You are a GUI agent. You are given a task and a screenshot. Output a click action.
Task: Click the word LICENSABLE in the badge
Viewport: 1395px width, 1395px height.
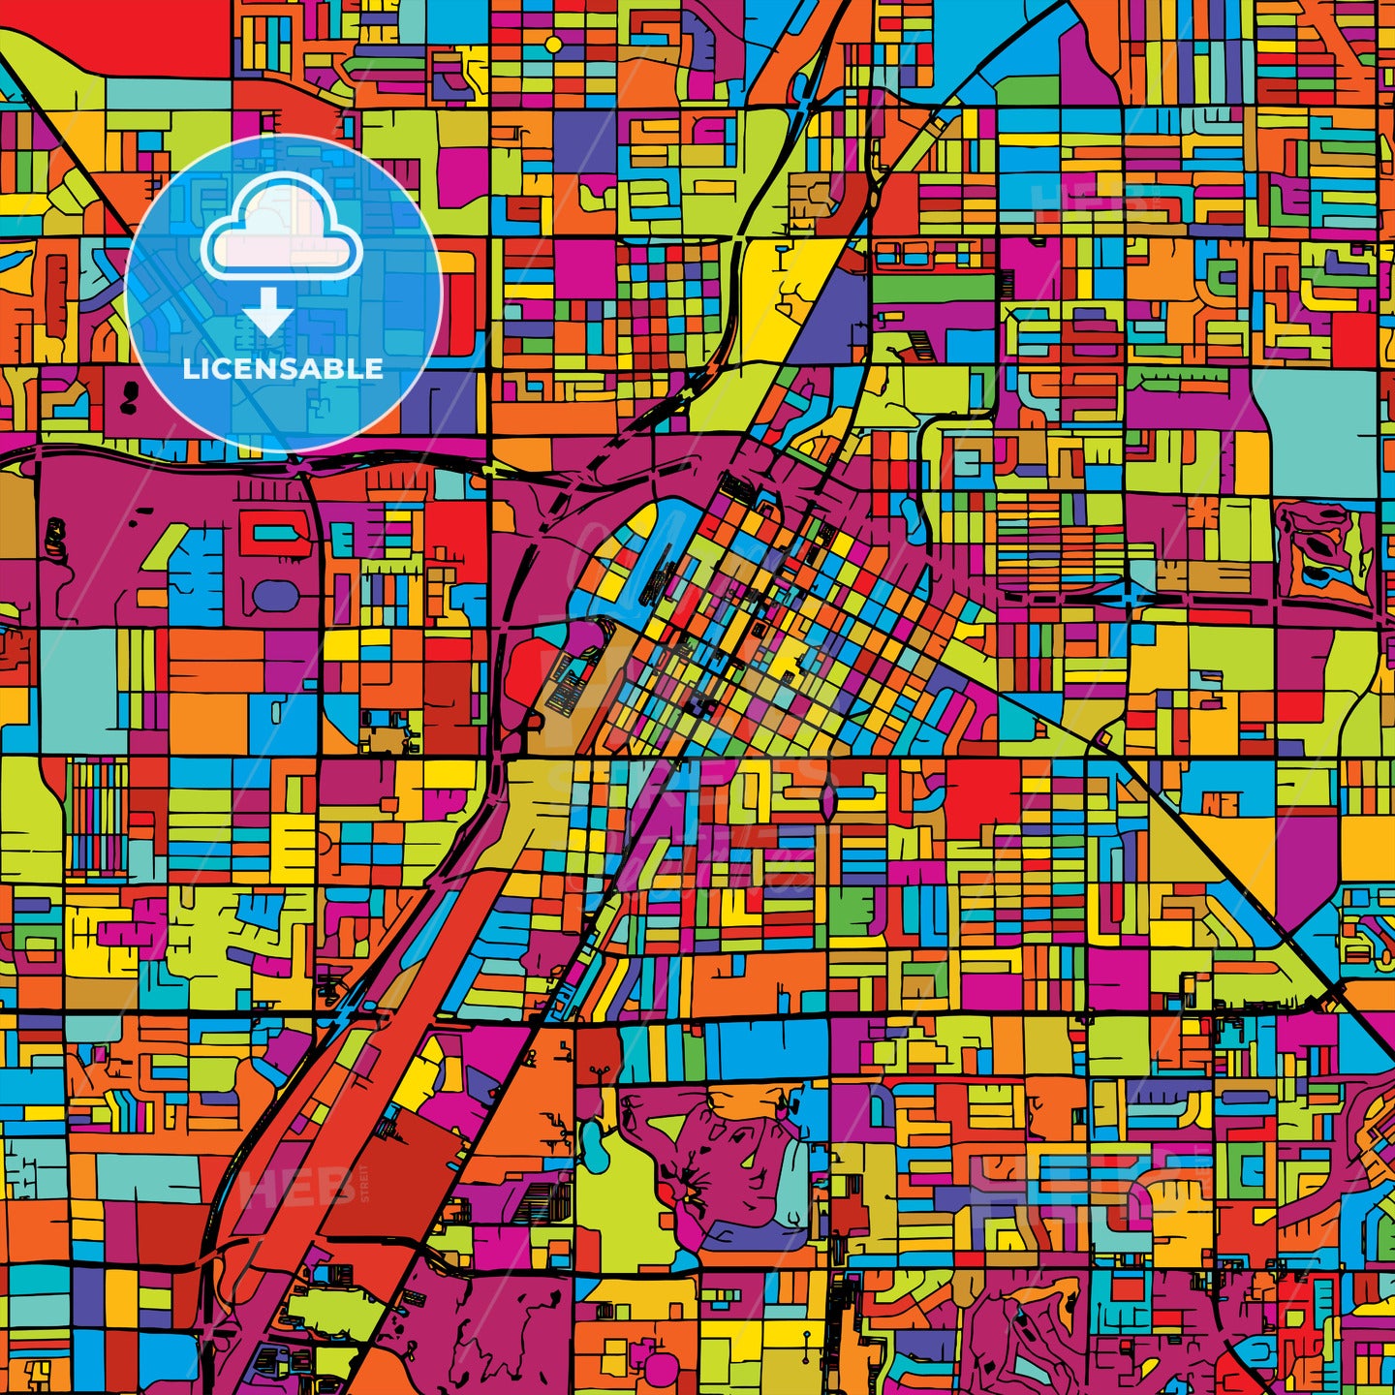pyautogui.click(x=283, y=368)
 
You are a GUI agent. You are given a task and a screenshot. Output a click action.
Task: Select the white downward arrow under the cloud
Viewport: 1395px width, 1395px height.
pyautogui.click(x=268, y=313)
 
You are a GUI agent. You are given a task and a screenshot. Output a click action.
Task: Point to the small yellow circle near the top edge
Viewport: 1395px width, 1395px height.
pyautogui.click(x=553, y=44)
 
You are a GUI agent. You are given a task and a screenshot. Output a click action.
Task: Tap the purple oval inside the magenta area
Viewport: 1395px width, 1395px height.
pyautogui.click(x=274, y=594)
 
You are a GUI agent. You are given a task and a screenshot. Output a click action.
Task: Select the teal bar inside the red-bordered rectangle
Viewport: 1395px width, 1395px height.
pyautogui.click(x=277, y=532)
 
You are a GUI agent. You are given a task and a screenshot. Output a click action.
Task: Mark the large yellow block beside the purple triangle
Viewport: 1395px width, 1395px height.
pyautogui.click(x=775, y=291)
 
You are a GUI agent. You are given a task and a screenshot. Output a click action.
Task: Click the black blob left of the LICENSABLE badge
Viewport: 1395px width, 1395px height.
pyautogui.click(x=127, y=393)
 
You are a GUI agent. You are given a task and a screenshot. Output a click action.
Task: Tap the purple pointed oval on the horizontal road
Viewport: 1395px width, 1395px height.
pyautogui.click(x=829, y=798)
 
